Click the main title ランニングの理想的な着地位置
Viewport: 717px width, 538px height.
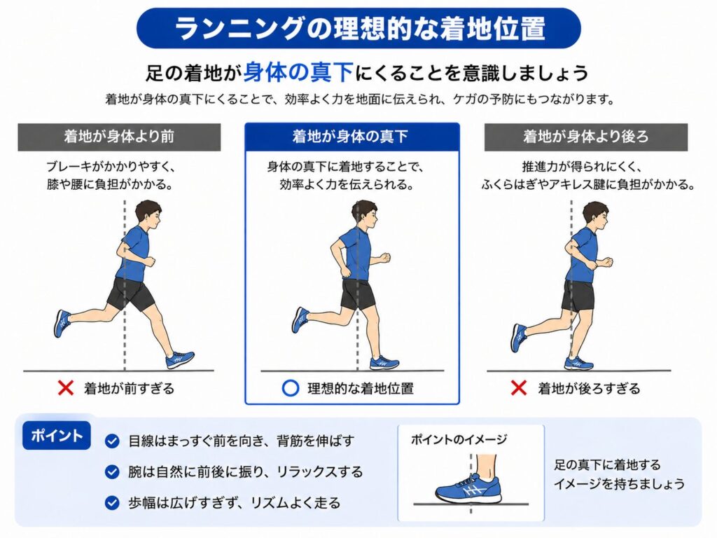click(x=359, y=28)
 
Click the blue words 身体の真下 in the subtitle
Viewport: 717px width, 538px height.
click(x=298, y=72)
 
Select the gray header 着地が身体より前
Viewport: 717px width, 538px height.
click(x=119, y=137)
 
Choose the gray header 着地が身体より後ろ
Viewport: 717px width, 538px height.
click(x=586, y=137)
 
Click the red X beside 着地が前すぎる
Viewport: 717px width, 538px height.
click(x=67, y=388)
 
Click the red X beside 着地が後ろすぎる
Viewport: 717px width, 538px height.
click(x=519, y=388)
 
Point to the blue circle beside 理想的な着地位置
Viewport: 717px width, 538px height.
click(x=291, y=388)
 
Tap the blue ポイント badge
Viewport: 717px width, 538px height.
click(x=56, y=436)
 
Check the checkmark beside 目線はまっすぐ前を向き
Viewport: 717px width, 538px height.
click(x=112, y=441)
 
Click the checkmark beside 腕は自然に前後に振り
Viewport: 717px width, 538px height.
click(x=112, y=471)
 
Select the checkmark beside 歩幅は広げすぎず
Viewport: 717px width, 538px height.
click(x=112, y=503)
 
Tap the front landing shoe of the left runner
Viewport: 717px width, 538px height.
click(x=180, y=359)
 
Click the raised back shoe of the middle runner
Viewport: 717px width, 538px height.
click(x=300, y=319)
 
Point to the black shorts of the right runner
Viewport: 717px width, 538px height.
click(x=578, y=296)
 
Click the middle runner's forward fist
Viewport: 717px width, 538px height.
click(x=386, y=257)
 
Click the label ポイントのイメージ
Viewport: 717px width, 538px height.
click(x=459, y=440)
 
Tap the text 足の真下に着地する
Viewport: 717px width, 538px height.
click(x=607, y=465)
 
